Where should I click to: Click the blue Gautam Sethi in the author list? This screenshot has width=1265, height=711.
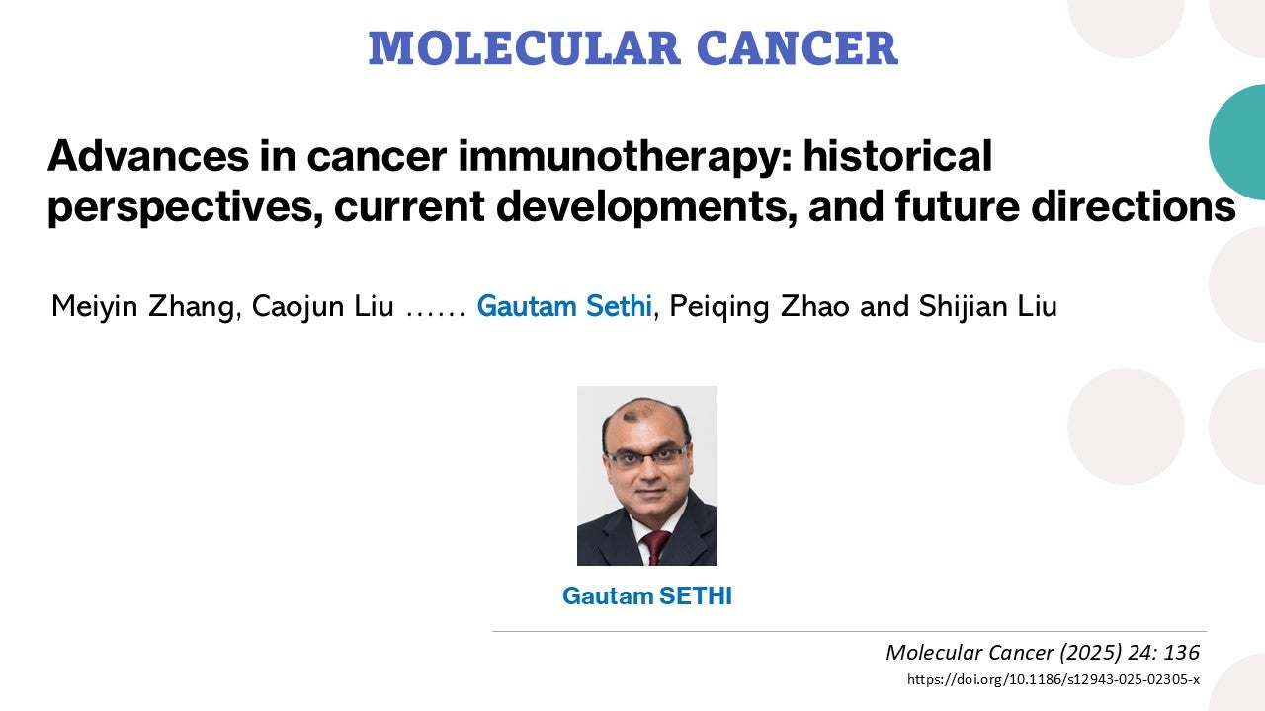pyautogui.click(x=563, y=307)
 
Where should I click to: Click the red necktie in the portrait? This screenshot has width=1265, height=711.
pyautogui.click(x=655, y=546)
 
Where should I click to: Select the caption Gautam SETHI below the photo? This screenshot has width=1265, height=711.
pyautogui.click(x=647, y=596)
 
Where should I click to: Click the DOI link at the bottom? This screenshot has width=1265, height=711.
pyautogui.click(x=1053, y=679)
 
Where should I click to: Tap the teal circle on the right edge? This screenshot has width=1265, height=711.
pyautogui.click(x=1241, y=142)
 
